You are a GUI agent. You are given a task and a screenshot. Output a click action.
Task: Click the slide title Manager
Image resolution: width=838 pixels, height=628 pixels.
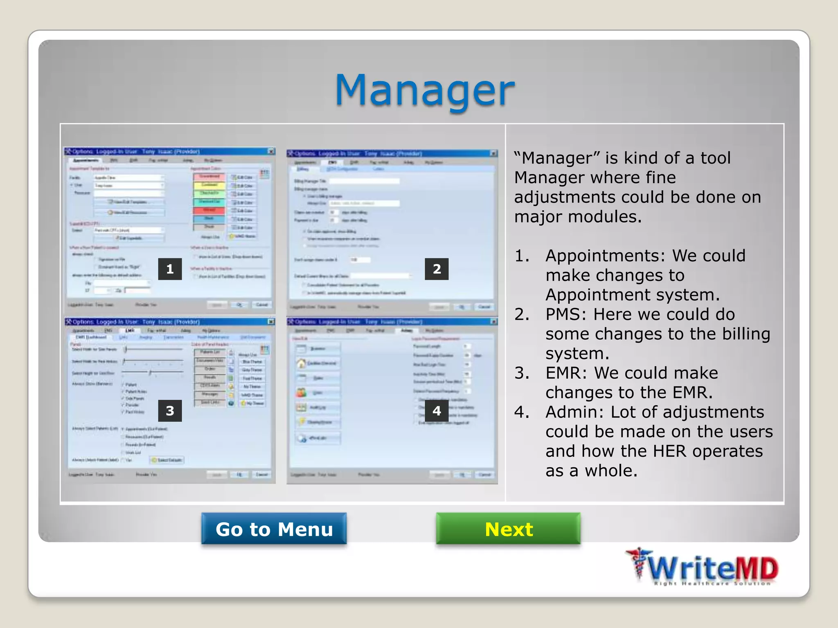point(424,90)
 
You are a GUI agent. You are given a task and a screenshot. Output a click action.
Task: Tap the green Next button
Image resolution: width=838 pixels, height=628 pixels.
point(508,529)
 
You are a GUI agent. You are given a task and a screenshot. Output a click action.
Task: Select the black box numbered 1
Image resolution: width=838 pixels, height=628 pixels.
point(170,269)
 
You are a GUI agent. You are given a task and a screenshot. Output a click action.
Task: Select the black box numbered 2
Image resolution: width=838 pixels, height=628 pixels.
point(437,269)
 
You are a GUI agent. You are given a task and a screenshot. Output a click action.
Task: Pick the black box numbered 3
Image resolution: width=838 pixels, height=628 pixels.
point(170,410)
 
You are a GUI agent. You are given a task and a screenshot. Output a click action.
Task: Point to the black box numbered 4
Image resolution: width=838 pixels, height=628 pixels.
point(437,410)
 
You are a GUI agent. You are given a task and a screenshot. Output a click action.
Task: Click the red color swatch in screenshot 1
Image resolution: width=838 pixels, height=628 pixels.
point(209,211)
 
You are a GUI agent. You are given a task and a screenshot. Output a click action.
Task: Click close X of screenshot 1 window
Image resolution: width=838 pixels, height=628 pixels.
point(271,152)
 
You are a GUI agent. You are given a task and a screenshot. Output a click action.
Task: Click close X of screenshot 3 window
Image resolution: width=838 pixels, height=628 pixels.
point(271,322)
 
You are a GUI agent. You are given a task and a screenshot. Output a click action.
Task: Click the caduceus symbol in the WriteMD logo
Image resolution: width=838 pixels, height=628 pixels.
point(638,564)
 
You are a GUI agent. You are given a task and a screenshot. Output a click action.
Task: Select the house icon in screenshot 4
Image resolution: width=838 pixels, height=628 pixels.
point(302,363)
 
